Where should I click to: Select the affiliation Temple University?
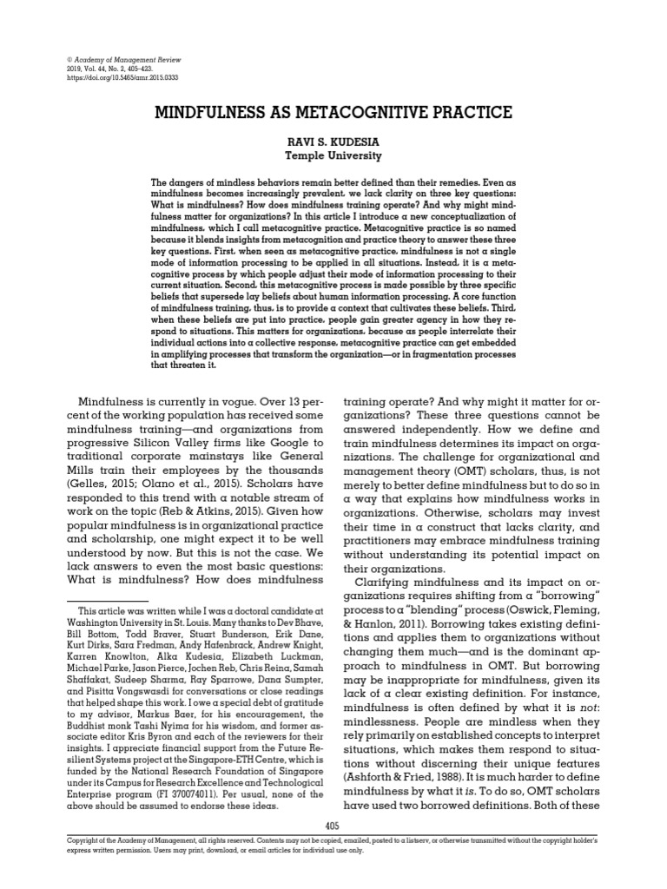pyautogui.click(x=333, y=156)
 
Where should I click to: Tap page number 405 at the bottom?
pyautogui.click(x=333, y=826)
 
